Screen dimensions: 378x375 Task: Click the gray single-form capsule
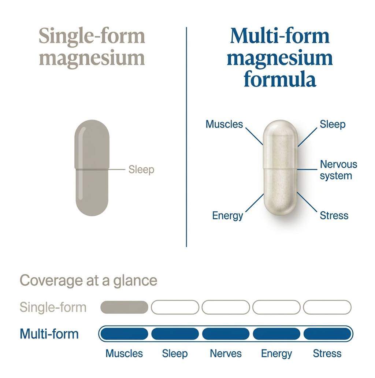click(92, 169)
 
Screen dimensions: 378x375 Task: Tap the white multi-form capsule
click(280, 168)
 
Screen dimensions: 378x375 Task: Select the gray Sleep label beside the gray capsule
click(141, 170)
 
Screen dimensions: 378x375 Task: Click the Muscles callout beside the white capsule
click(224, 124)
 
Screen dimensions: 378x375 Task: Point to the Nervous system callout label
click(338, 170)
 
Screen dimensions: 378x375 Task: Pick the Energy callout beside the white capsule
click(227, 215)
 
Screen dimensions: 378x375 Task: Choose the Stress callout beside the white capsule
click(334, 215)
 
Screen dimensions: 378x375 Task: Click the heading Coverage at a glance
click(88, 281)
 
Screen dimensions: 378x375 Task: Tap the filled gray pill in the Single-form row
click(124, 307)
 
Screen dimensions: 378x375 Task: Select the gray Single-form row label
click(53, 307)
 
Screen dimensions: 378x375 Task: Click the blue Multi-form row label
click(49, 334)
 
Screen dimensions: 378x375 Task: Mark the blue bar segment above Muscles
click(124, 334)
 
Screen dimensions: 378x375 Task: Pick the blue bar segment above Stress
click(327, 334)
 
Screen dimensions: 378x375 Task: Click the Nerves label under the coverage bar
click(226, 353)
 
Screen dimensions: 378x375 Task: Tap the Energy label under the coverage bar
click(276, 353)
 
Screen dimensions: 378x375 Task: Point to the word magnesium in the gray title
click(92, 58)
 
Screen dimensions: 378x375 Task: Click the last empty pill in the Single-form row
click(327, 307)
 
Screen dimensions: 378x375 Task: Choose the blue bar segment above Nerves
click(226, 334)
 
